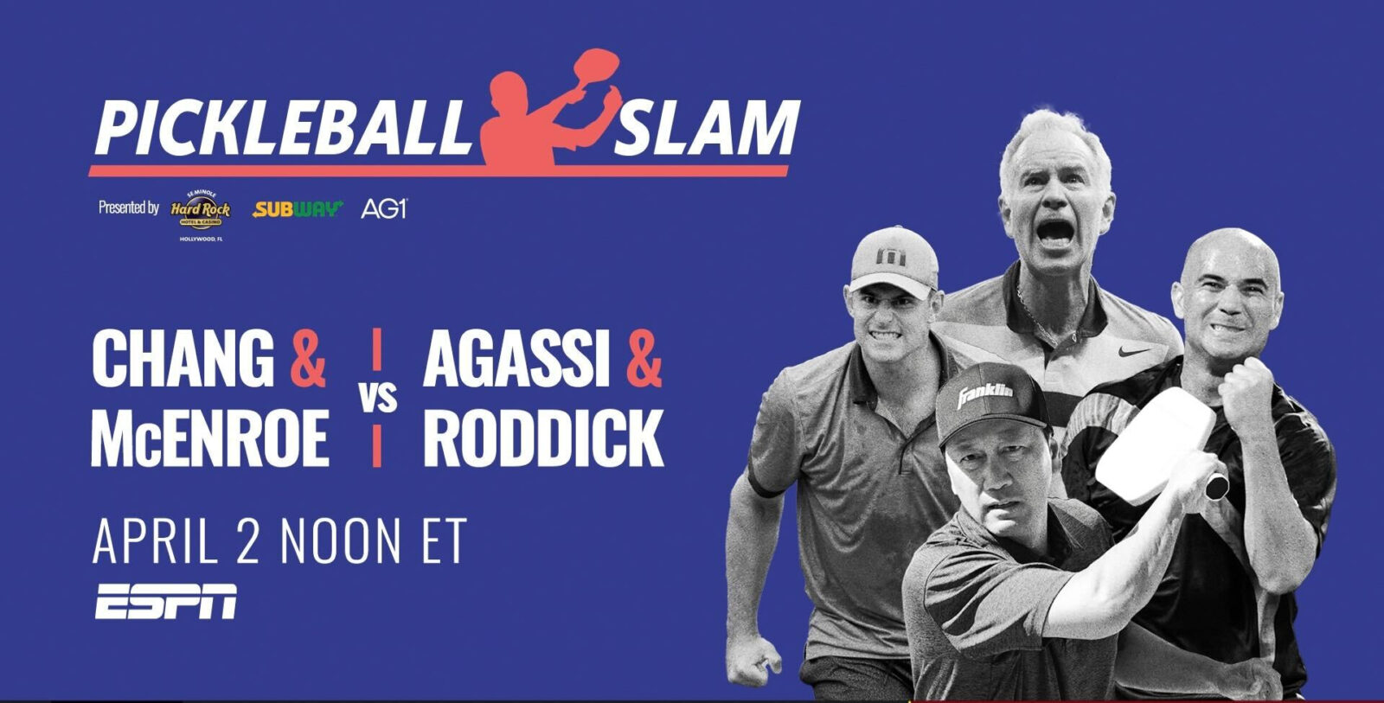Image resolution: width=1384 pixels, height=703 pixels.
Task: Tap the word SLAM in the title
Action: (x=705, y=129)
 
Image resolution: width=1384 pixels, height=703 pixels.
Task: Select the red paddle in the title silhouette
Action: (x=593, y=69)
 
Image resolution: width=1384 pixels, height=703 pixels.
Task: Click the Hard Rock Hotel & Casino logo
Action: (x=200, y=210)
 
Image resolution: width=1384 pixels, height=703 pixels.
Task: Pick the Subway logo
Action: (x=298, y=208)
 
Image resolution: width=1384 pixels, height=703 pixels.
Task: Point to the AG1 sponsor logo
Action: (x=383, y=208)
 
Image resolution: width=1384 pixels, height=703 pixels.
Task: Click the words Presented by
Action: (x=129, y=208)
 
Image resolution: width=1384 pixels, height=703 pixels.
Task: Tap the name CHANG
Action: (x=183, y=359)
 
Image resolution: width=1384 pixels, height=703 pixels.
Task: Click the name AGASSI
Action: (x=510, y=359)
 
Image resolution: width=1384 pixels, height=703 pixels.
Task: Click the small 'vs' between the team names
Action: (x=377, y=399)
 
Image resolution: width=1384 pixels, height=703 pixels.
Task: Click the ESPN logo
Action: (x=165, y=602)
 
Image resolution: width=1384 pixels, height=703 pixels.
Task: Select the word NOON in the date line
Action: (x=341, y=540)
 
